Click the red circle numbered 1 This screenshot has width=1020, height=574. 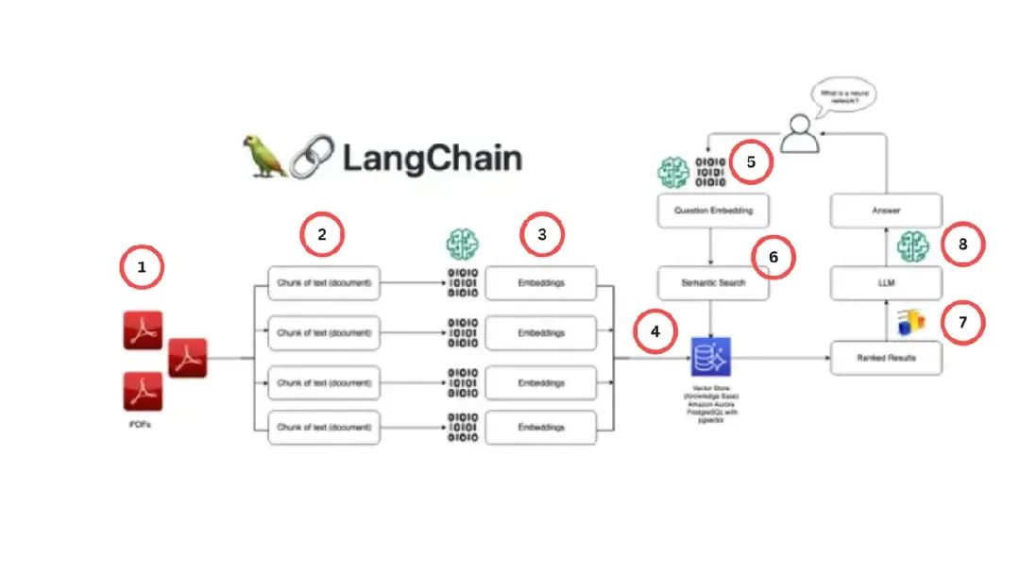[x=142, y=267]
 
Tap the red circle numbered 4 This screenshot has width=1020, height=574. [x=655, y=332]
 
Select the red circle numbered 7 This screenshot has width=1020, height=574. [x=962, y=322]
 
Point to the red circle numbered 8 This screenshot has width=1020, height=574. [x=962, y=244]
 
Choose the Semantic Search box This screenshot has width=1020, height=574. [x=713, y=282]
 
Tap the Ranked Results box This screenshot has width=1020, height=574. [x=886, y=359]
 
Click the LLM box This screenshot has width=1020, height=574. [x=886, y=282]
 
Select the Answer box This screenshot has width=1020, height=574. [x=886, y=211]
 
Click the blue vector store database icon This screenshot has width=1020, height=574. [x=711, y=357]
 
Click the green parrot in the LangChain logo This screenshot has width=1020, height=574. [x=265, y=156]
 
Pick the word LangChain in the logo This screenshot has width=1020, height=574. [x=432, y=157]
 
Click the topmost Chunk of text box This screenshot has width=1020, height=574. [x=324, y=282]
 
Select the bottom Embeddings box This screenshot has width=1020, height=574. [x=541, y=428]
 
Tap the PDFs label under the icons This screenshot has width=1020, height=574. [x=141, y=426]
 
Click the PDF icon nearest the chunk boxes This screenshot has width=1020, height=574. [x=187, y=358]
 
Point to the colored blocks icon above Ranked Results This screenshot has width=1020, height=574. [x=910, y=323]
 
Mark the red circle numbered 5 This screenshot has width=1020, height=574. [x=751, y=162]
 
